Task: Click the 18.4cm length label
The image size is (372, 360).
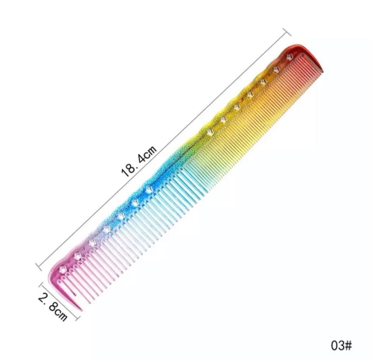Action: [x=139, y=161]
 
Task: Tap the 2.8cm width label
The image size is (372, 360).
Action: [x=53, y=307]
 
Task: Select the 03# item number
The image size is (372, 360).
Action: [x=341, y=345]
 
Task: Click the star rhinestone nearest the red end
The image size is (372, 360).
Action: [x=289, y=57]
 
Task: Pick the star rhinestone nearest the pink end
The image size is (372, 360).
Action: [x=62, y=269]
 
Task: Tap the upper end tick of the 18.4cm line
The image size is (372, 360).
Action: [x=287, y=33]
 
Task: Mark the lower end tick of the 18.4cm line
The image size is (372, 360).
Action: [x=39, y=267]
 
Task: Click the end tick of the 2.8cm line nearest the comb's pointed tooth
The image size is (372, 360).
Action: [x=77, y=318]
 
